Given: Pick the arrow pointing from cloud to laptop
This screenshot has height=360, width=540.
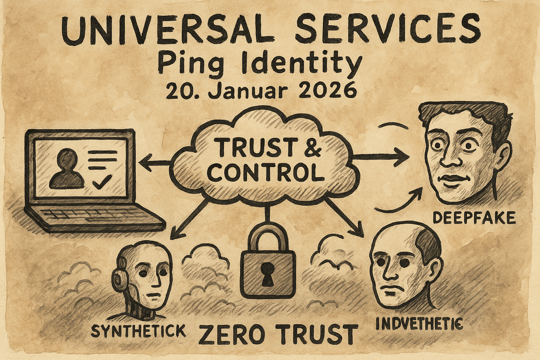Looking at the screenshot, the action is click(x=155, y=162).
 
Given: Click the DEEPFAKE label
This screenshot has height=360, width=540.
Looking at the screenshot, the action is click(x=474, y=218).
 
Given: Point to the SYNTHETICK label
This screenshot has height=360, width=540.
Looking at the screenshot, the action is click(x=138, y=330).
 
